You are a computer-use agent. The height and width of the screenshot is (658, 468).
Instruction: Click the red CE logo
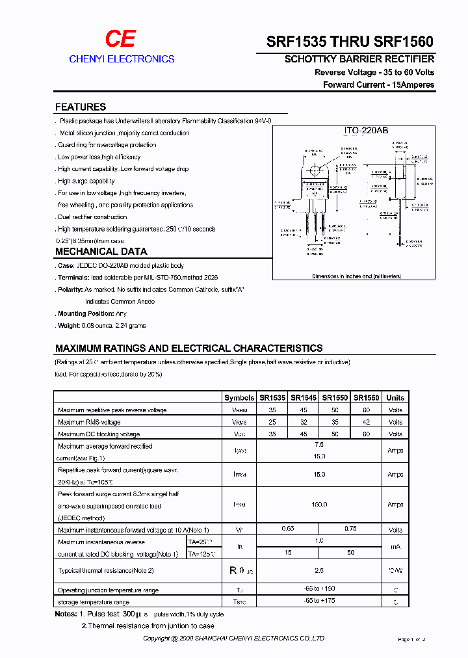tap(121, 39)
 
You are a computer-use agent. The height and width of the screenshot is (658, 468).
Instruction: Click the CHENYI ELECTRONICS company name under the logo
tap(122, 59)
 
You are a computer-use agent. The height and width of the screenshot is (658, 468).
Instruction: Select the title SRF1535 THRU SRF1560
tap(350, 40)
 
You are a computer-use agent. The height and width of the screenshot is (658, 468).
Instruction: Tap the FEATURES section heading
tap(81, 107)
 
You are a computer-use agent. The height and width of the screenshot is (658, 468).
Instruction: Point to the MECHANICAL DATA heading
tap(101, 252)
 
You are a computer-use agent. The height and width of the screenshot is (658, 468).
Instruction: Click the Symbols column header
tap(239, 398)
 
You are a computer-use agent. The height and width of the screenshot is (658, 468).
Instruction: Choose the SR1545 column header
tap(304, 398)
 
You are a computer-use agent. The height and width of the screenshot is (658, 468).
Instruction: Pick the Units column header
tap(395, 398)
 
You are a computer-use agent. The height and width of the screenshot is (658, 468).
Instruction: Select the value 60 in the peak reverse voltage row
tap(367, 410)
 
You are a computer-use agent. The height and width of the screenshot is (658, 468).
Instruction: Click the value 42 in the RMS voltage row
tap(367, 422)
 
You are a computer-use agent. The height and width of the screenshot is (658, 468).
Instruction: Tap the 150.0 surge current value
tap(319, 504)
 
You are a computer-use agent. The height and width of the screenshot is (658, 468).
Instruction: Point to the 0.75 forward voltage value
tap(350, 529)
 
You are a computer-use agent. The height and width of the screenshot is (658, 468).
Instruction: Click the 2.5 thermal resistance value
tap(319, 570)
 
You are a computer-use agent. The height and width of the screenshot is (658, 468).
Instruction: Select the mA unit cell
tap(395, 547)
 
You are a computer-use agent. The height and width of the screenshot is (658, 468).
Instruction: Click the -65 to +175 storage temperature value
tap(319, 601)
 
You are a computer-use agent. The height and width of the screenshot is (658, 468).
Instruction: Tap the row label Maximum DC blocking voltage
tap(99, 434)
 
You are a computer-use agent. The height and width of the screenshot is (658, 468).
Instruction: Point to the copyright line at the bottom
tap(234, 639)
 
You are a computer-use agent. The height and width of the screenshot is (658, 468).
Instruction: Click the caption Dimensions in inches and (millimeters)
tap(356, 276)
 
